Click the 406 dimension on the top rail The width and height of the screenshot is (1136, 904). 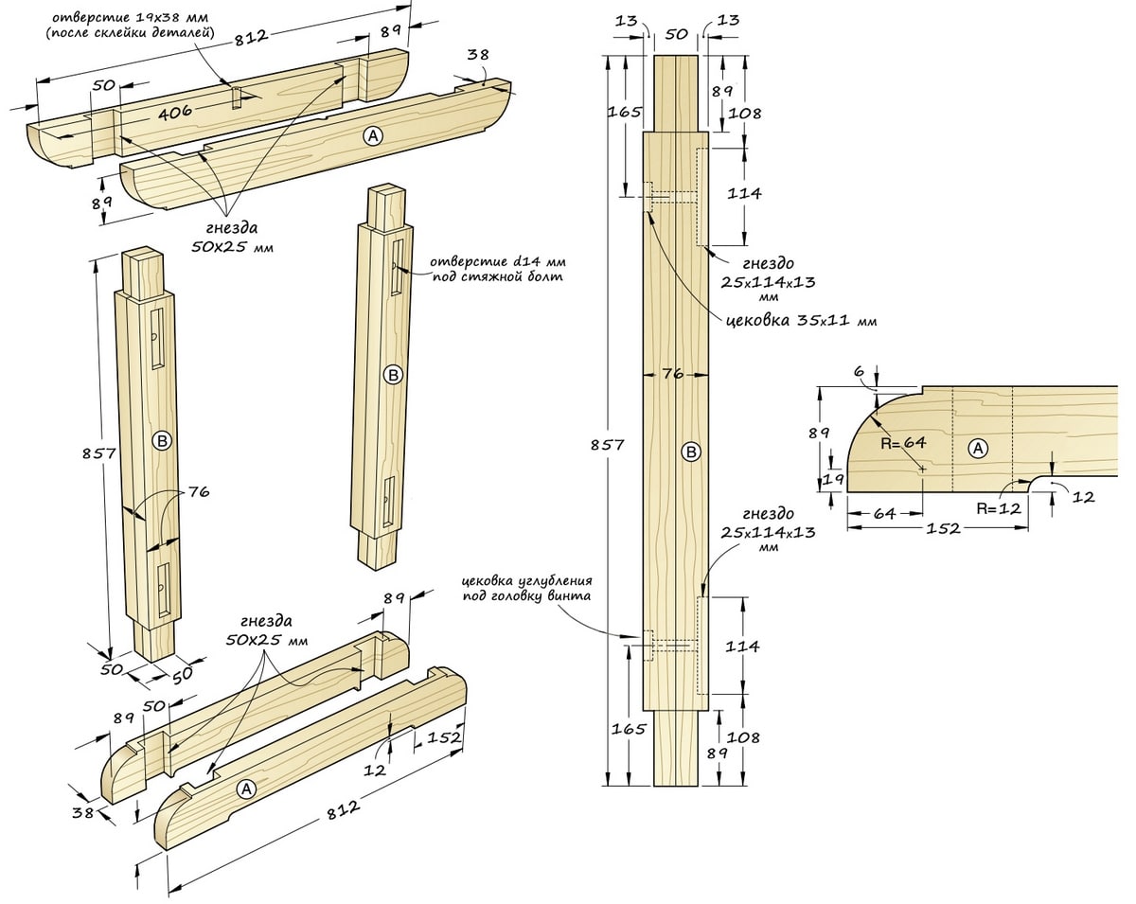tap(175, 112)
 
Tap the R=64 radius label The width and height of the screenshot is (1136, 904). tap(903, 442)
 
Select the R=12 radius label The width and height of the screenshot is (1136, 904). tap(999, 508)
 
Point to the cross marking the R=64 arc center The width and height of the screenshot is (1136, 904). tap(923, 469)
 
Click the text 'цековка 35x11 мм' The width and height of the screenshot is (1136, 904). tap(801, 321)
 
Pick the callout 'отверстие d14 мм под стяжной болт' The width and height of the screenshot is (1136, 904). tap(497, 269)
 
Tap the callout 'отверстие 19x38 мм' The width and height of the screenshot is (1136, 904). tap(131, 17)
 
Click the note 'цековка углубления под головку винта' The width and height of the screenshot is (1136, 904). tap(527, 588)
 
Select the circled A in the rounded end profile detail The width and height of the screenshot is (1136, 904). tap(978, 449)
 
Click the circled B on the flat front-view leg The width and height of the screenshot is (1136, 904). tap(690, 452)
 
